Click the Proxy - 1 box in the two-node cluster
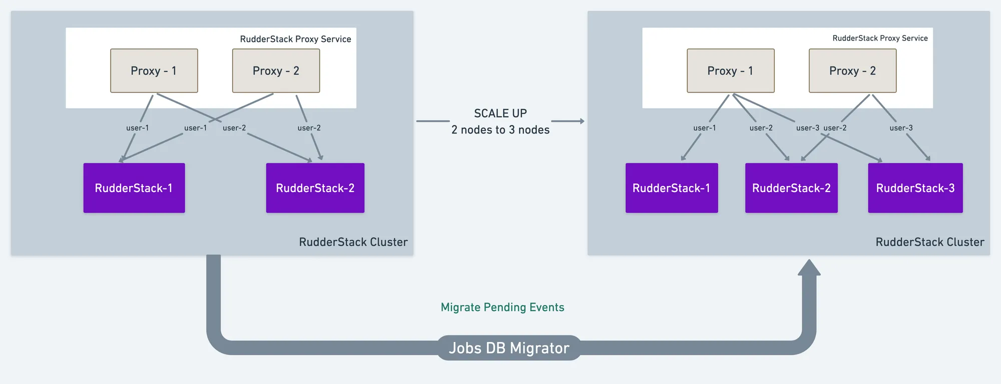pyautogui.click(x=154, y=70)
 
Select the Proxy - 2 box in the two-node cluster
pyautogui.click(x=276, y=70)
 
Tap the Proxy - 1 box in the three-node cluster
pyautogui.click(x=731, y=70)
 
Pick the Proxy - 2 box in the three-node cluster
pyautogui.click(x=853, y=70)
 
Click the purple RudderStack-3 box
pyautogui.click(x=915, y=188)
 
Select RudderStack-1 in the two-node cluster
pyautogui.click(x=134, y=188)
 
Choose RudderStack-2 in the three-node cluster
pyautogui.click(x=791, y=188)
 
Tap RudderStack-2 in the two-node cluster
pyautogui.click(x=315, y=188)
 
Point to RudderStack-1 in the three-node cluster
pyautogui.click(x=672, y=188)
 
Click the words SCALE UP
pyautogui.click(x=500, y=113)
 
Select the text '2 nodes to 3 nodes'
pyautogui.click(x=500, y=130)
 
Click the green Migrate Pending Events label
pyautogui.click(x=503, y=307)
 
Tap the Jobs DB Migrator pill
pyautogui.click(x=509, y=348)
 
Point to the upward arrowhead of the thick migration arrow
pyautogui.click(x=809, y=267)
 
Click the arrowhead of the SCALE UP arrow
pyautogui.click(x=582, y=121)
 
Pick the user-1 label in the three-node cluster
pyautogui.click(x=705, y=128)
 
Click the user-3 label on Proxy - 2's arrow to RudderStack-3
pyautogui.click(x=901, y=128)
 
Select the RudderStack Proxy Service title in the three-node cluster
pyautogui.click(x=880, y=38)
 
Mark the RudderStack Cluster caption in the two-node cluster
pyautogui.click(x=353, y=242)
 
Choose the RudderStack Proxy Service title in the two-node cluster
pyautogui.click(x=295, y=39)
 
